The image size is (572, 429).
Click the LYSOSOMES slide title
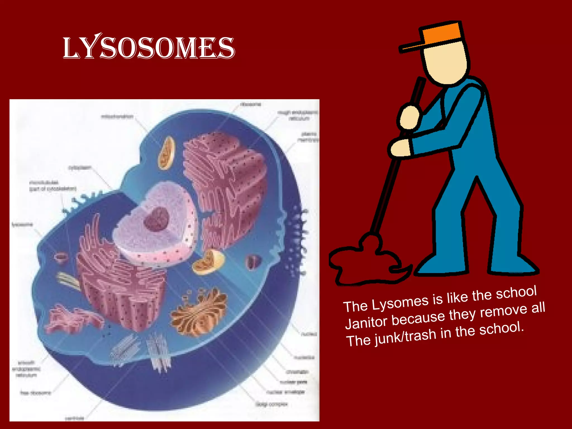(x=149, y=48)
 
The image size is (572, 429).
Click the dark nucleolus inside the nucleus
(x=156, y=219)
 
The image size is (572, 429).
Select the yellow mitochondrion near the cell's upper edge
(x=167, y=153)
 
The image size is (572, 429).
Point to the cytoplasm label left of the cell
(x=80, y=168)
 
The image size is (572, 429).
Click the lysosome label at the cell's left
(x=22, y=225)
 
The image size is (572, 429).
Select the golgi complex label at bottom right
(x=271, y=404)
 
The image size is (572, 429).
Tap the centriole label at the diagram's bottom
(x=74, y=418)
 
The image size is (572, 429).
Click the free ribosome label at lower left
(x=35, y=393)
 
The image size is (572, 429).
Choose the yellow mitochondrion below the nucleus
(x=208, y=262)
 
